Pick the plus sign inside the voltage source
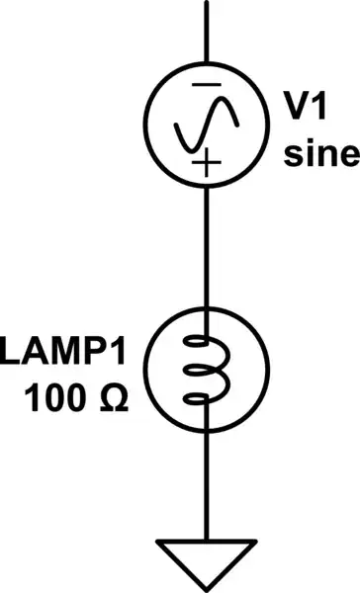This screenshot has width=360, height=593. tap(206, 164)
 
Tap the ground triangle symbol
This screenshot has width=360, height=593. tap(207, 558)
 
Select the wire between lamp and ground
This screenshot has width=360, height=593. tap(207, 484)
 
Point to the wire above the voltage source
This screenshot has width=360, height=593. tap(207, 30)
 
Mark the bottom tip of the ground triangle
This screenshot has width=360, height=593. tap(207, 586)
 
